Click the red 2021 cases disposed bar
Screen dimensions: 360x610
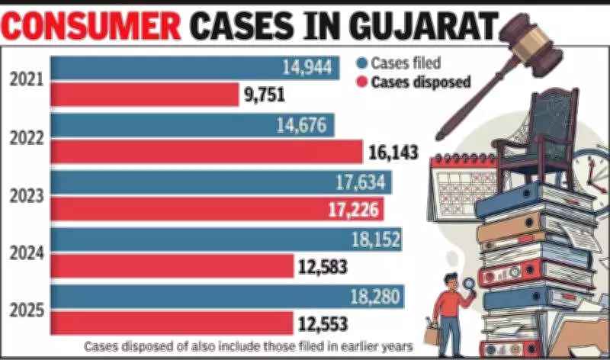(145, 95)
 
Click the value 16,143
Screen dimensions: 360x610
(393, 153)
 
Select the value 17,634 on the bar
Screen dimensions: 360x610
(361, 182)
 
